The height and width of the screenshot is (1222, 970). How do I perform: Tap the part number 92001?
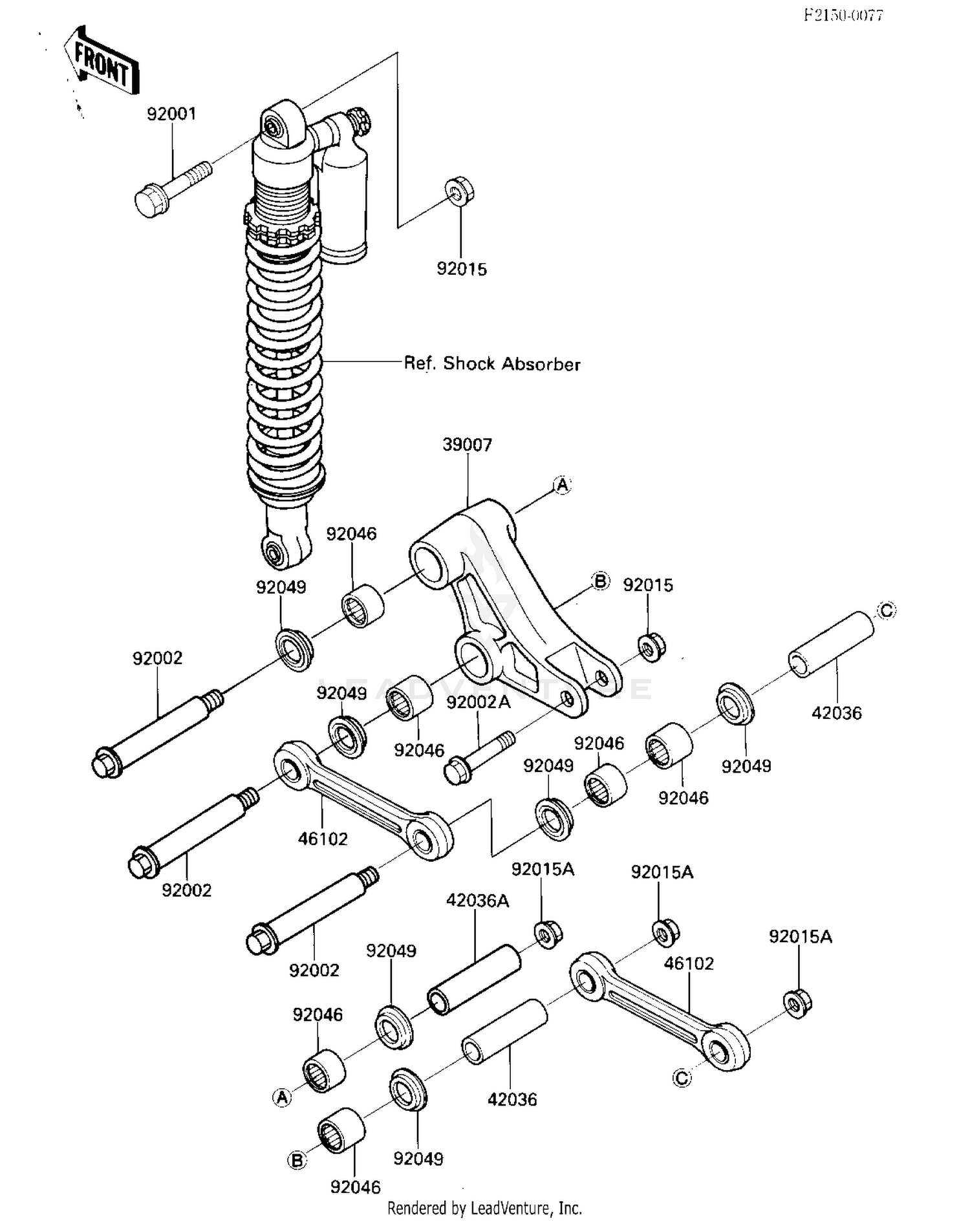(171, 114)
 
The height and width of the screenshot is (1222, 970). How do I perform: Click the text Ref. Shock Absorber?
(492, 363)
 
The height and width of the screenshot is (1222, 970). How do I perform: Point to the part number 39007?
(467, 445)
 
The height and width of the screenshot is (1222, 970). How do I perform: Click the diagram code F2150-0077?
(843, 16)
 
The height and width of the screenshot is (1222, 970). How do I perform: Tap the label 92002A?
(478, 702)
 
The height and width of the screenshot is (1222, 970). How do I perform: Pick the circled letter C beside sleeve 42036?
(887, 610)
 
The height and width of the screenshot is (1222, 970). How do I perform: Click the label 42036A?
(477, 901)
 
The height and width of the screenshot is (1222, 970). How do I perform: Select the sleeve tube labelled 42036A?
(474, 980)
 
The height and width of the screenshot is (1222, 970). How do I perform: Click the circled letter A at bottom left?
(282, 1097)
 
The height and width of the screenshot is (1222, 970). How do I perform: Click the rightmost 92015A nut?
(798, 1003)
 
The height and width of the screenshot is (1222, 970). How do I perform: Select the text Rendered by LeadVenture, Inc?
(484, 1207)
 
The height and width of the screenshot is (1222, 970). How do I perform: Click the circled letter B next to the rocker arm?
(600, 581)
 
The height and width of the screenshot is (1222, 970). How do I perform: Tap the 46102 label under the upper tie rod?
(323, 839)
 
